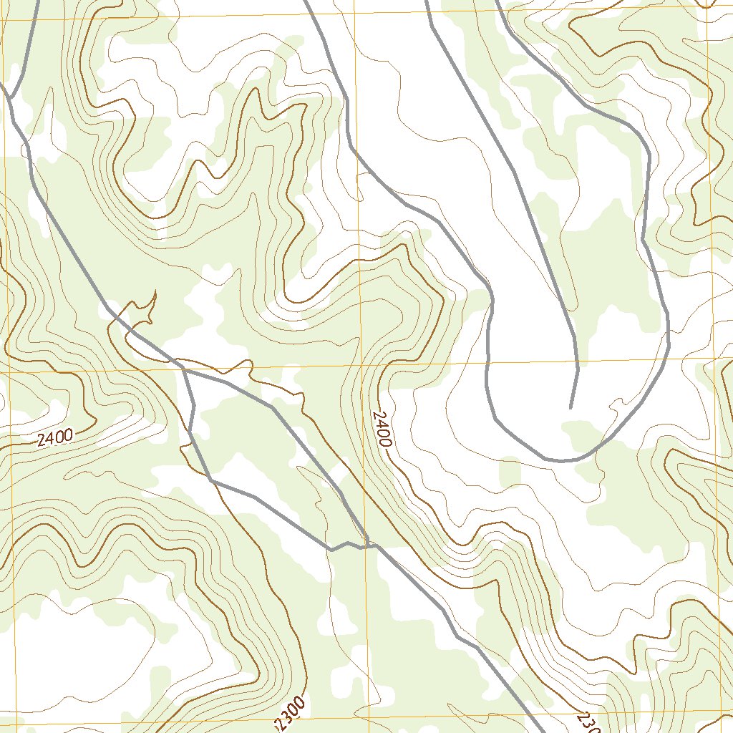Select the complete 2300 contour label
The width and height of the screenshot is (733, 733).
click(x=291, y=713)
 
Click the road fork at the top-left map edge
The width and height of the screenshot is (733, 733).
click(x=10, y=95)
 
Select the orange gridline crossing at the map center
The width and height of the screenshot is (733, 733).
click(x=360, y=366)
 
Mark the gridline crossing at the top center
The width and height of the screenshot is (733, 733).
click(x=352, y=15)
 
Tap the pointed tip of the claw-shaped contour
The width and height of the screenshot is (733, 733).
click(x=155, y=291)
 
